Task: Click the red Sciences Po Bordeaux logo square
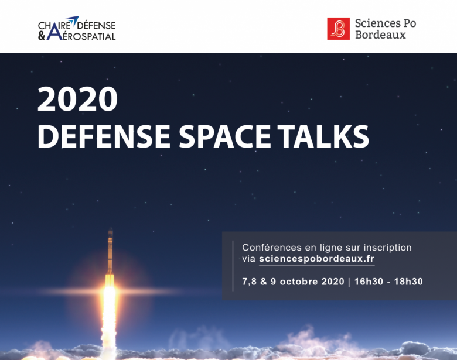click(x=339, y=29)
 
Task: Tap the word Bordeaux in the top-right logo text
click(x=380, y=35)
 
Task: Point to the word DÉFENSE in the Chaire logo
click(x=96, y=25)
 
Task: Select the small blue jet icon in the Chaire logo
click(x=73, y=20)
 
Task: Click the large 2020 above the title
click(x=77, y=99)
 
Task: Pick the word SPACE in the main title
click(x=225, y=136)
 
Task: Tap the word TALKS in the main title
click(x=323, y=136)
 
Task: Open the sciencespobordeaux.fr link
click(x=316, y=259)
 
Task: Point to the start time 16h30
click(x=369, y=282)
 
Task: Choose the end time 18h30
click(x=408, y=282)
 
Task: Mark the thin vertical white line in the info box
click(x=233, y=266)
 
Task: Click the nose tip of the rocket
click(x=111, y=229)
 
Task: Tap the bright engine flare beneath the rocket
click(x=110, y=292)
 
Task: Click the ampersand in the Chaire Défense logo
click(x=42, y=36)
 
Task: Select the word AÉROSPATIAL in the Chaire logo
click(x=89, y=36)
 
